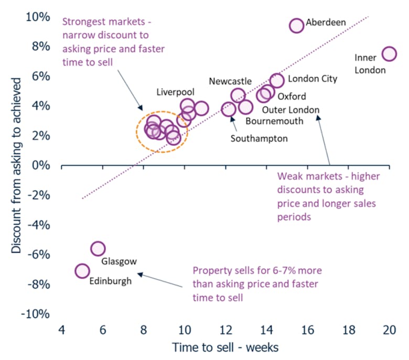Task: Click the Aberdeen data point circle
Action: tap(297, 25)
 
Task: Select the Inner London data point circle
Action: tap(389, 53)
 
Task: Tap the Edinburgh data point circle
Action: tap(82, 271)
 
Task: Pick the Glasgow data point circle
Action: tap(98, 248)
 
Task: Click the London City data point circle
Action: tap(277, 80)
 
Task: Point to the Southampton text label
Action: tap(260, 139)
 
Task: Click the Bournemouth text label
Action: tap(275, 121)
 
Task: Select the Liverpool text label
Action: tap(175, 92)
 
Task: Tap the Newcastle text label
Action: tap(230, 81)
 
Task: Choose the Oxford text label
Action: tap(292, 96)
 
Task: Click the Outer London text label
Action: tap(290, 110)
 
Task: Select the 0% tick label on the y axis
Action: tap(39, 166)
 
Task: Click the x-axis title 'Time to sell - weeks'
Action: tap(225, 347)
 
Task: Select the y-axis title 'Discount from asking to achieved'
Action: tap(17, 166)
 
